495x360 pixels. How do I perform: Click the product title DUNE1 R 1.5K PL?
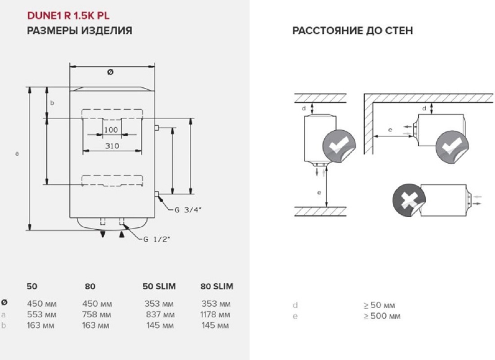(69, 16)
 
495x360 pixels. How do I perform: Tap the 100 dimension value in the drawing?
(111, 130)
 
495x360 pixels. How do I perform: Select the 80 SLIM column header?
(217, 286)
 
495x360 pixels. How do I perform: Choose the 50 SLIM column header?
(159, 286)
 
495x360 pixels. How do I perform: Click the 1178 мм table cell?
(215, 315)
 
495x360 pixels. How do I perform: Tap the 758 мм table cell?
(97, 315)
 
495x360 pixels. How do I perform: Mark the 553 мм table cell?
(41, 315)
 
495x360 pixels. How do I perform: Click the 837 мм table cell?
(160, 315)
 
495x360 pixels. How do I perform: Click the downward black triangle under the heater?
(103, 234)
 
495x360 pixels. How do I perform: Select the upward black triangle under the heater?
(121, 234)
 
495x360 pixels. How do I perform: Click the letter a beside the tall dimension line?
(17, 153)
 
